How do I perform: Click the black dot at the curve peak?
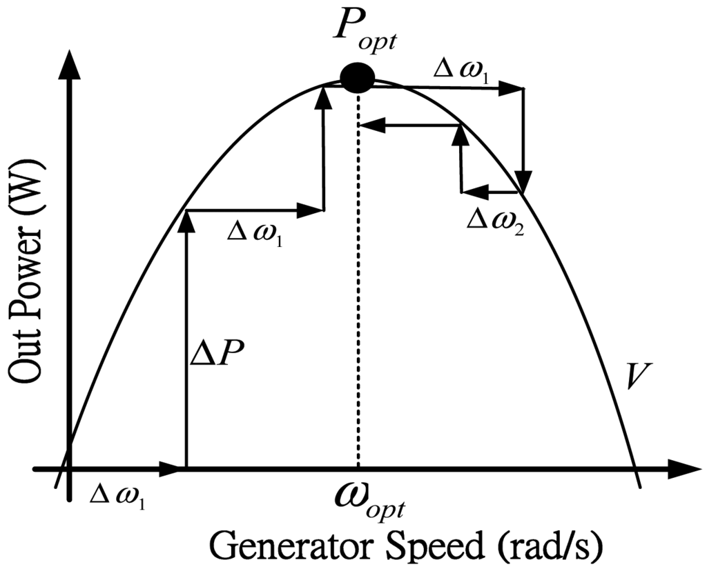pos(358,78)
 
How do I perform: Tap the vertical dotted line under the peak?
pos(358,290)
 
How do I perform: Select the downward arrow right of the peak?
pos(525,138)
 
